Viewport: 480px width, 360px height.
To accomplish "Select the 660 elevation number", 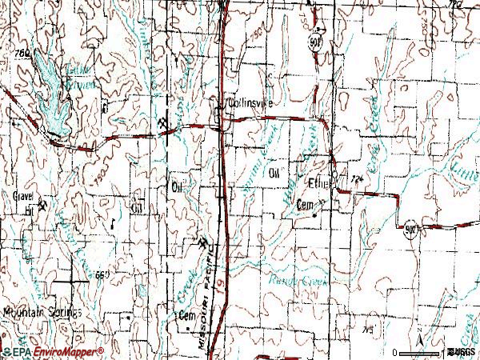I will coord(99,275).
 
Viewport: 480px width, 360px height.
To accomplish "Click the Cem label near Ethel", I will coord(303,205).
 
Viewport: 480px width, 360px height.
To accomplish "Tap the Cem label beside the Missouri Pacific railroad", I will coord(186,314).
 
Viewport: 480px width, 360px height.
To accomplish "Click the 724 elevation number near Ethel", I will coord(357,178).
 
